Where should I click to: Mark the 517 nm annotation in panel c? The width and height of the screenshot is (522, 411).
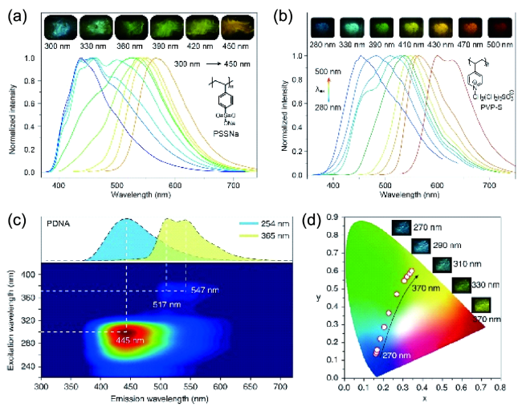(x=165, y=305)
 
